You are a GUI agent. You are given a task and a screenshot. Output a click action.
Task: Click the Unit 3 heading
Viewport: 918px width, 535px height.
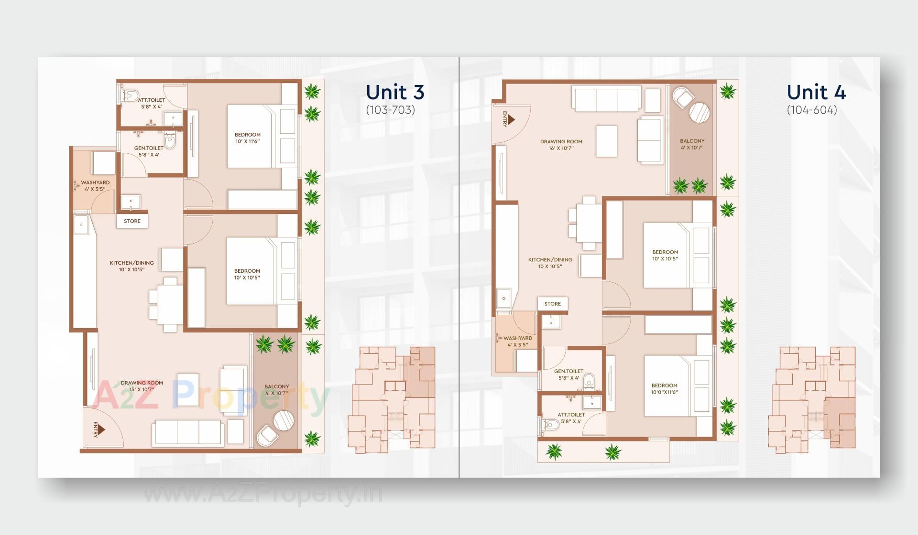pos(395,92)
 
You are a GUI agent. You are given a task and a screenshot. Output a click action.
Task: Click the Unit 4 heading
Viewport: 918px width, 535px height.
pos(816,92)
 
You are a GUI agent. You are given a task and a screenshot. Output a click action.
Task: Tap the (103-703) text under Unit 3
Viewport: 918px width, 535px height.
pos(390,110)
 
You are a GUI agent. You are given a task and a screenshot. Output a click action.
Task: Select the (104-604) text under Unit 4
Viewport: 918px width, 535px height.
pos(812,110)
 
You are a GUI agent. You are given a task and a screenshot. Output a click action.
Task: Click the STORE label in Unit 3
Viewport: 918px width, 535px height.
pos(132,221)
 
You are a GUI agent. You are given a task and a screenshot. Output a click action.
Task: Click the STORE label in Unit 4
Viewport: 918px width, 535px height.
pos(552,304)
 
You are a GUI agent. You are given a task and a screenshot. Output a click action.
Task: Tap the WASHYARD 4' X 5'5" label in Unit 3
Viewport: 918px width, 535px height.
pos(95,186)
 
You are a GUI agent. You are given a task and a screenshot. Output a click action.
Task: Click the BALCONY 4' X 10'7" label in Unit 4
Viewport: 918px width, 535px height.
pos(692,144)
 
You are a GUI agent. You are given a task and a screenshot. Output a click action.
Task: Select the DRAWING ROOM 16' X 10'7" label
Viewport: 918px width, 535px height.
pos(561,145)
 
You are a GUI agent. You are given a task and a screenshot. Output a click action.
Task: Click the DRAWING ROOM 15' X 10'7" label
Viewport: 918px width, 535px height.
pos(142,386)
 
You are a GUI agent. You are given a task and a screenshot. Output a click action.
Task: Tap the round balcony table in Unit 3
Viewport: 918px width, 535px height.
pos(284,421)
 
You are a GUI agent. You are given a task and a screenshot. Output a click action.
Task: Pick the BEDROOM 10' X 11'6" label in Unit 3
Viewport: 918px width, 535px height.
pos(247,138)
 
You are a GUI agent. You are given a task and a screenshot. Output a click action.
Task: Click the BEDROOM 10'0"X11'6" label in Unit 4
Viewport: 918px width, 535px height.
pos(664,389)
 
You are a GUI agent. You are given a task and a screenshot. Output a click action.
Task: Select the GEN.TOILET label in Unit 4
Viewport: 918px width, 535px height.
pos(568,374)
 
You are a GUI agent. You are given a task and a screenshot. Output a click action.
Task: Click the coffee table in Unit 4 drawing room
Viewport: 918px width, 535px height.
pos(606,141)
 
